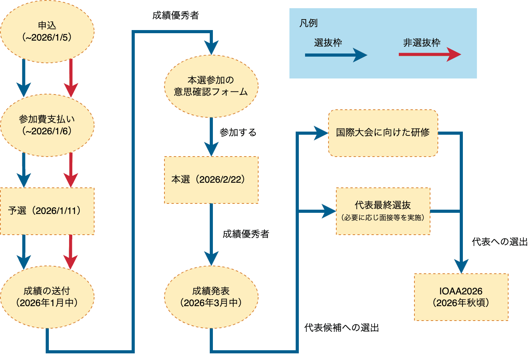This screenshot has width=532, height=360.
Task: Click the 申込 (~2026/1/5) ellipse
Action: click(x=47, y=32)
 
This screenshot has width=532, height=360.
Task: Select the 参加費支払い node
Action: click(x=47, y=125)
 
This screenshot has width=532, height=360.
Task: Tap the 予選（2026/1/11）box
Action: click(x=47, y=211)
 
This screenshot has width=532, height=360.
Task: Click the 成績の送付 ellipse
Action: click(x=47, y=297)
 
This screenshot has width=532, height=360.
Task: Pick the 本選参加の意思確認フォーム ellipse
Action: click(x=211, y=86)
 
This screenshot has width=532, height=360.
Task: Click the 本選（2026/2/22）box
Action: click(x=211, y=180)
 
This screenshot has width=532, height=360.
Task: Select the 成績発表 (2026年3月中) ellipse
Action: click(x=211, y=297)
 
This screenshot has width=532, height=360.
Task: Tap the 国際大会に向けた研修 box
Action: click(x=383, y=133)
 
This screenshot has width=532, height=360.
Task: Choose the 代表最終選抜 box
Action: click(x=383, y=211)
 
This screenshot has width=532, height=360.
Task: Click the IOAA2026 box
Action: click(x=461, y=297)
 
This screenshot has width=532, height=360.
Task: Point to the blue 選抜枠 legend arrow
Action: click(x=336, y=55)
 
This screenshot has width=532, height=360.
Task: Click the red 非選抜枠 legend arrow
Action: click(x=430, y=55)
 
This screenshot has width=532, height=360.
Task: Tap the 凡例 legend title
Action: click(x=309, y=23)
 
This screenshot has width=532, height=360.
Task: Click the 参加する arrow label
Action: click(x=238, y=132)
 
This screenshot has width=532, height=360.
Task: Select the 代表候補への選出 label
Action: click(x=341, y=328)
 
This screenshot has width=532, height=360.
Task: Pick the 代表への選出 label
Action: click(x=500, y=242)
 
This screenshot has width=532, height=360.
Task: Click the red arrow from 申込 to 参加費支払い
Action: click(x=71, y=78)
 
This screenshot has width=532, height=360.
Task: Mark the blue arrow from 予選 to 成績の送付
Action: click(x=24, y=252)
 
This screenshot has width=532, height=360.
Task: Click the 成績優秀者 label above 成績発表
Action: click(x=246, y=234)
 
